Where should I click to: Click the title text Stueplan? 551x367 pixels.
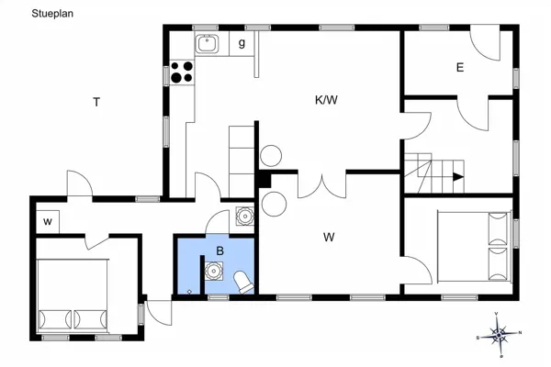pos(52,14)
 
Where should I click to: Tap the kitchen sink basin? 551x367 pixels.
pos(207,44)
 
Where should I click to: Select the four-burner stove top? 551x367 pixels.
pos(182,72)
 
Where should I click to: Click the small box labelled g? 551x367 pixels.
pos(242,43)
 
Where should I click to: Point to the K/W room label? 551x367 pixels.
pos(326,100)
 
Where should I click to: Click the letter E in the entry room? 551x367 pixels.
pos(460,67)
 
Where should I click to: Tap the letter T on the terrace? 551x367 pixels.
pos(96,102)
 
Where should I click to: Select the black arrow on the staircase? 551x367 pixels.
pos(458,177)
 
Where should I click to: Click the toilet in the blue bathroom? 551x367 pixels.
pos(243,282)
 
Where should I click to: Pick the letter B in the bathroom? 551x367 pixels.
pos(220,251)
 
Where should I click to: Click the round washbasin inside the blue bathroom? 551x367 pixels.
pos(213,272)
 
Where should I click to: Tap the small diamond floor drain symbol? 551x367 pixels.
pos(189,292)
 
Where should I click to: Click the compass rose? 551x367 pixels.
pos(499,334)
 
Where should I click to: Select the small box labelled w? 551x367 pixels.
pos(48,222)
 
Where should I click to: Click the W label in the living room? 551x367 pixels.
pos(329,238)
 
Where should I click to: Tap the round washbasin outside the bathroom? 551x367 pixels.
pos(244,217)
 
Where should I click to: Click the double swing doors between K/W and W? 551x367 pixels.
pos(322,187)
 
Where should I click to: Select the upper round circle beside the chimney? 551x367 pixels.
pos(271,156)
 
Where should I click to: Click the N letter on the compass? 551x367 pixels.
pos(521,332)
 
